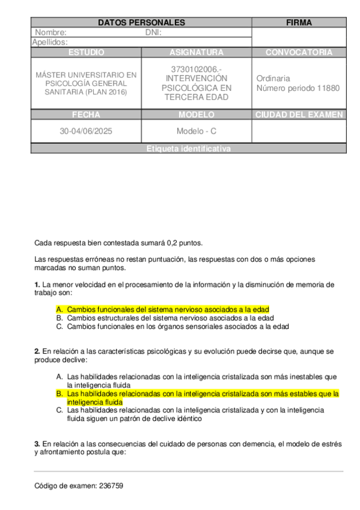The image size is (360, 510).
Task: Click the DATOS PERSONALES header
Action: coord(141,23)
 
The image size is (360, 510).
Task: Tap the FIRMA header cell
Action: coord(299,23)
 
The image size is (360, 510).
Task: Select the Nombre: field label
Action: coord(50,32)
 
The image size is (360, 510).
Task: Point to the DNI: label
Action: coord(153,32)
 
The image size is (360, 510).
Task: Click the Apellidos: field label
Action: coord(49,42)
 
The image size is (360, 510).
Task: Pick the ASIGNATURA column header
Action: coord(197,52)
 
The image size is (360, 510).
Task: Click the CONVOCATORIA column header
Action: coord(299,52)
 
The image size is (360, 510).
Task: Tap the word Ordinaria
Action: coord(273,78)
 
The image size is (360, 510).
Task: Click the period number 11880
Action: coord(327,88)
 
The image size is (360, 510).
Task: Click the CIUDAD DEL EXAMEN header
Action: coord(299,115)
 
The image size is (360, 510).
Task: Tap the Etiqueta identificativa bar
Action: coord(188,149)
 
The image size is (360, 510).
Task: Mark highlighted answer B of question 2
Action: coord(203,398)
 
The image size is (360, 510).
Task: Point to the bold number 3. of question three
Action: coord(37,444)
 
